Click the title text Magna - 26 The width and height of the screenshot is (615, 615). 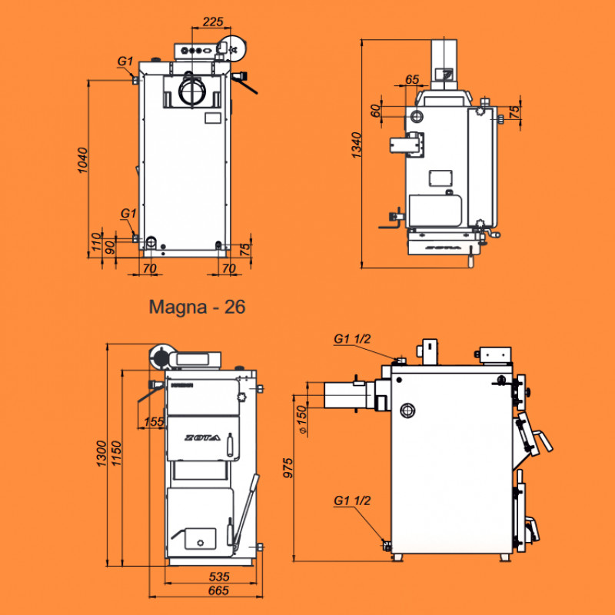197,307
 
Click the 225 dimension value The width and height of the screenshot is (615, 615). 213,22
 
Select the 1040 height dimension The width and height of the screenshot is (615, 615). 83,160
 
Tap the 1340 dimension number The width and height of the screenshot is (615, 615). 356,145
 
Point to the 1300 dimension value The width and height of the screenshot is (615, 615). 101,454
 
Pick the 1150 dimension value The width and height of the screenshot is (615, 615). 116,454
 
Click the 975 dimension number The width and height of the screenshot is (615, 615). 288,468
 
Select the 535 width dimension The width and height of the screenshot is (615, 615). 219,577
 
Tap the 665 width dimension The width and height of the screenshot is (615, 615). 218,590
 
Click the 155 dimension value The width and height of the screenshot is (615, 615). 153,421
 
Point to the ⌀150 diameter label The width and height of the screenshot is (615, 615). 301,420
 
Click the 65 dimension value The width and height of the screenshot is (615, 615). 412,80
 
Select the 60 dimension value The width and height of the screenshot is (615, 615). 375,111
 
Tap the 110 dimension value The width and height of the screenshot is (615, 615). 96,242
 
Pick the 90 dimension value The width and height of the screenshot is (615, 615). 110,248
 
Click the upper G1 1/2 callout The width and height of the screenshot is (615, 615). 352,338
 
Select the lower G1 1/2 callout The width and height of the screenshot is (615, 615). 352,500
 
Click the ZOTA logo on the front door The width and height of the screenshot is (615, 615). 202,437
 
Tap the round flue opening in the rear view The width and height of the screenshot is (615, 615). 192,91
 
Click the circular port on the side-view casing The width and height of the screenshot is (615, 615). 407,411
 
